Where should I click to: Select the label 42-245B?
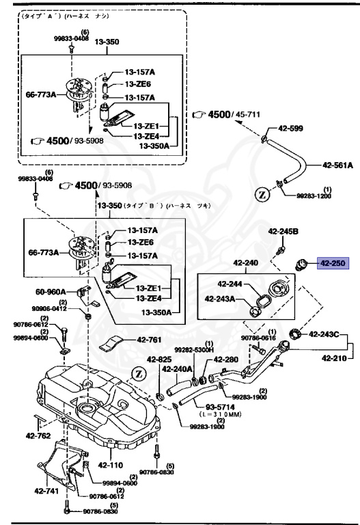[283, 232]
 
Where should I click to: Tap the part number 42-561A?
[337, 165]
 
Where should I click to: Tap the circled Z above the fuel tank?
[139, 373]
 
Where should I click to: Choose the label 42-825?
[158, 359]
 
